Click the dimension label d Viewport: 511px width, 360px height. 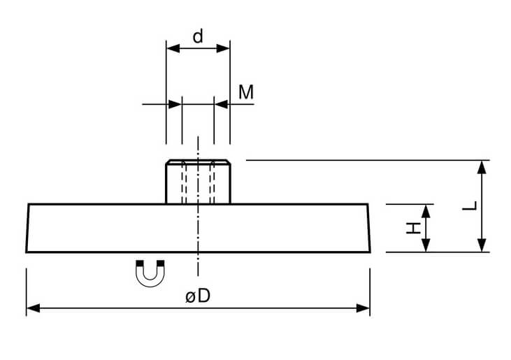click(198, 36)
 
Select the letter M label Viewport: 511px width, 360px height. click(246, 92)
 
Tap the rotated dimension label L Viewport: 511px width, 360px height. click(470, 206)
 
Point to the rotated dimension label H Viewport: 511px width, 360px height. click(414, 228)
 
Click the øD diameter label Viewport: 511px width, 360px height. click(198, 296)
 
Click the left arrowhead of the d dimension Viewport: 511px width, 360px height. click(173, 48)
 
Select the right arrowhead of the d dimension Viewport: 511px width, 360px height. click(223, 48)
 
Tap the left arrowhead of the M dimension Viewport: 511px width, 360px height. click(175, 104)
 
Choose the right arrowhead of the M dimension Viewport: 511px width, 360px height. click(222, 104)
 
